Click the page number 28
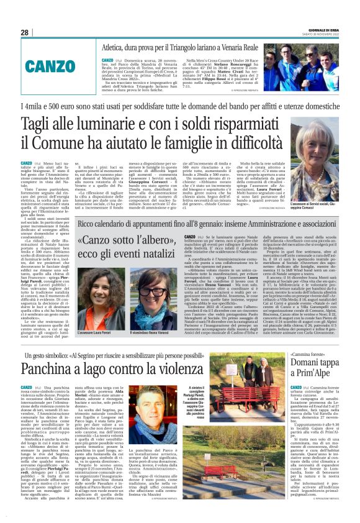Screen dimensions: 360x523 pyautogui.click(x=24, y=32)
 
